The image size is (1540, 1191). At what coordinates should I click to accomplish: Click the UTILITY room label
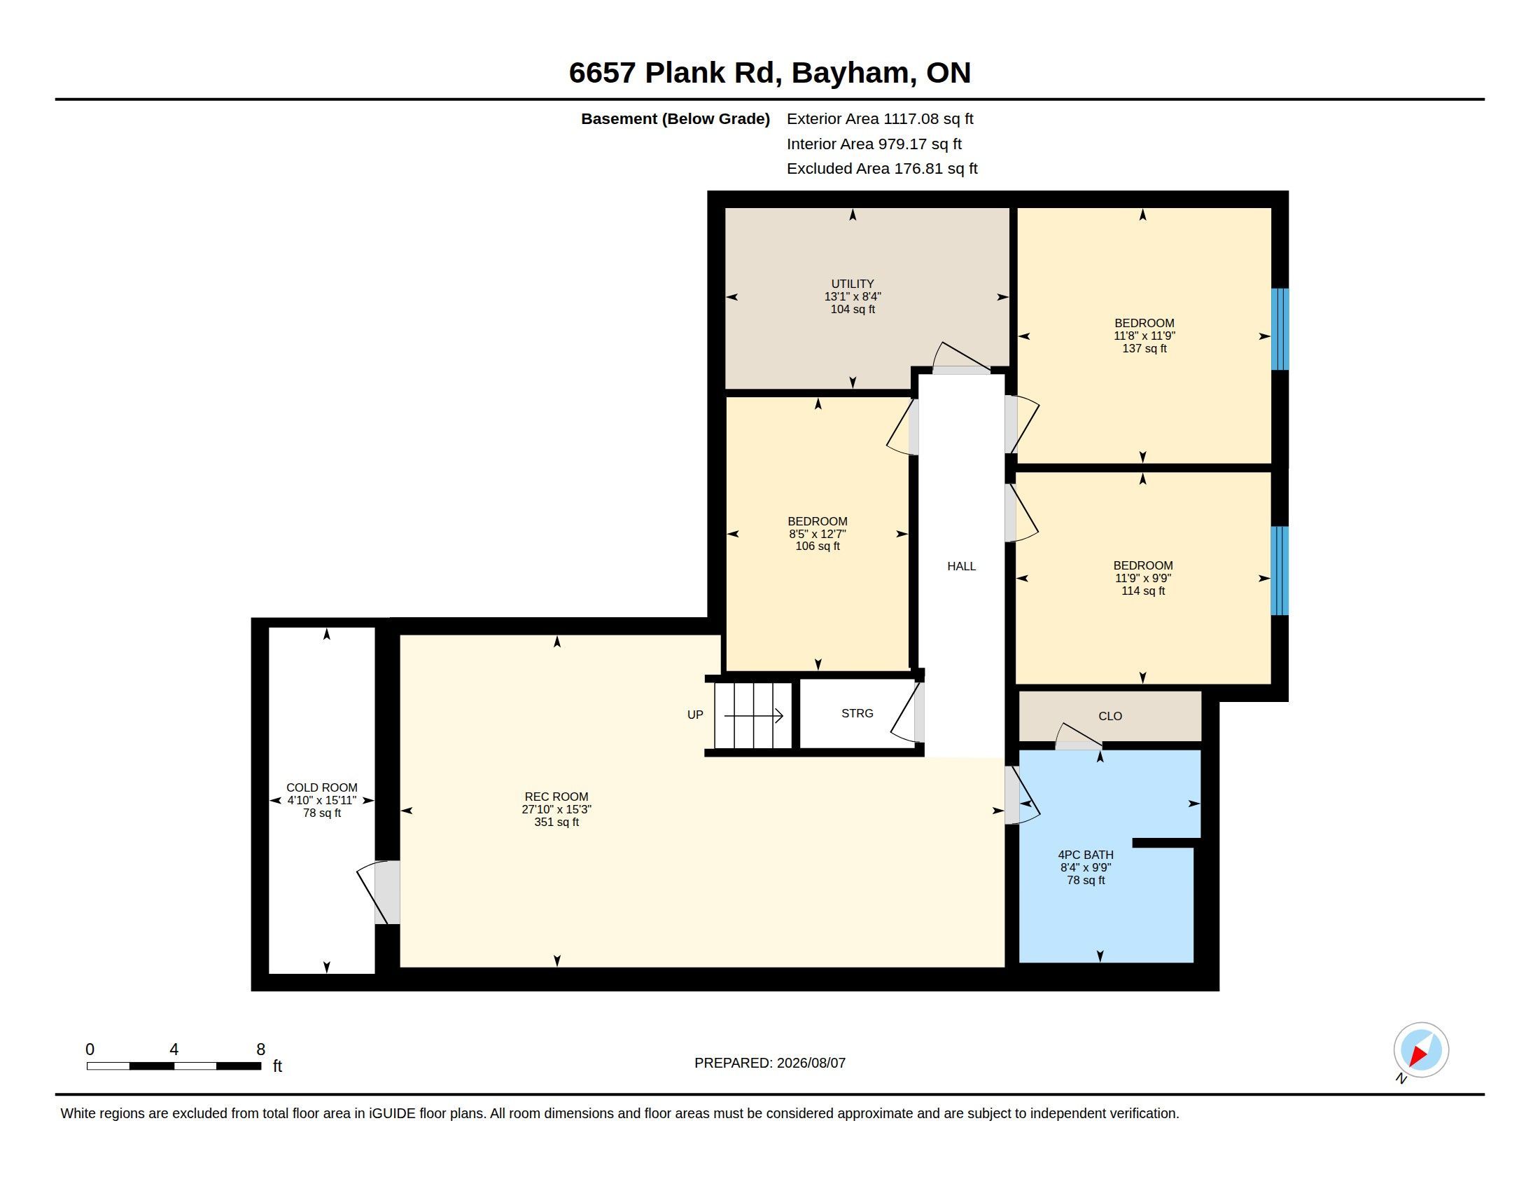pos(853,284)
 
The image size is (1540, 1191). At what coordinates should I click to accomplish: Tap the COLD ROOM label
pos(321,787)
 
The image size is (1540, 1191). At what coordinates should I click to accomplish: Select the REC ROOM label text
pos(556,797)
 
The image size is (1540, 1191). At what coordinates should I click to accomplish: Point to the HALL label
pos(961,566)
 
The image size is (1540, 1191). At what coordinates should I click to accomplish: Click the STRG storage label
pos(857,713)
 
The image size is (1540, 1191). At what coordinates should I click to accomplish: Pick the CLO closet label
pos(1110,716)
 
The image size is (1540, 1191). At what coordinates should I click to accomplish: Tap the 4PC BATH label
pos(1086,855)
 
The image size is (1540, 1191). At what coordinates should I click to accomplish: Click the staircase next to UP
pos(753,715)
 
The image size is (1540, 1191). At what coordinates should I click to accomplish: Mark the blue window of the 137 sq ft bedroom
pos(1280,329)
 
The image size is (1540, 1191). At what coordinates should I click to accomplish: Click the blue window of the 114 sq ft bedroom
pos(1280,571)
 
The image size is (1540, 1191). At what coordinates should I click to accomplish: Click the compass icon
pos(1421,1050)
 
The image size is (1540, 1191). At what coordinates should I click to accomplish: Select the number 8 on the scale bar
pos(260,1049)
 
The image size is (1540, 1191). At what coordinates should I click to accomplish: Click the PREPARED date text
pos(770,1063)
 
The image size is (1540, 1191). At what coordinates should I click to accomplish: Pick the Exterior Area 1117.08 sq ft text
pos(880,118)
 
